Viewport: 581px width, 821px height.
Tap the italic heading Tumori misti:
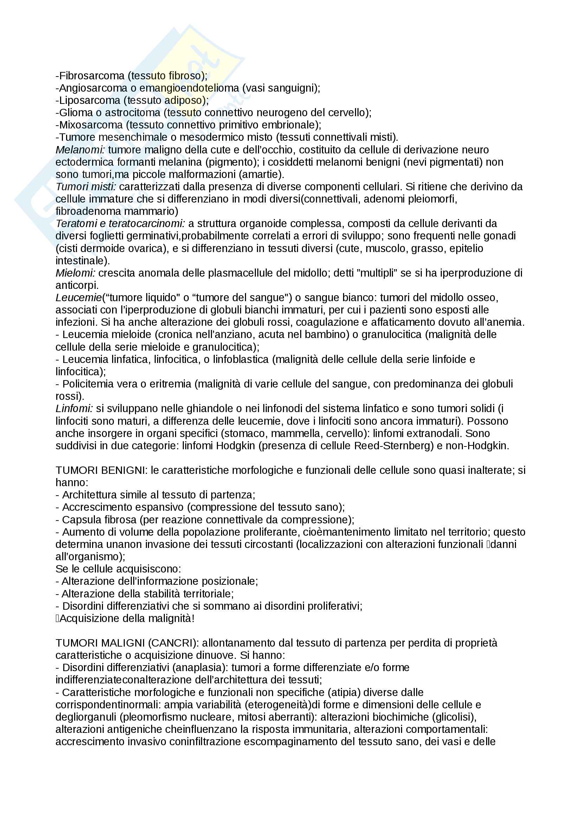86,187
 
